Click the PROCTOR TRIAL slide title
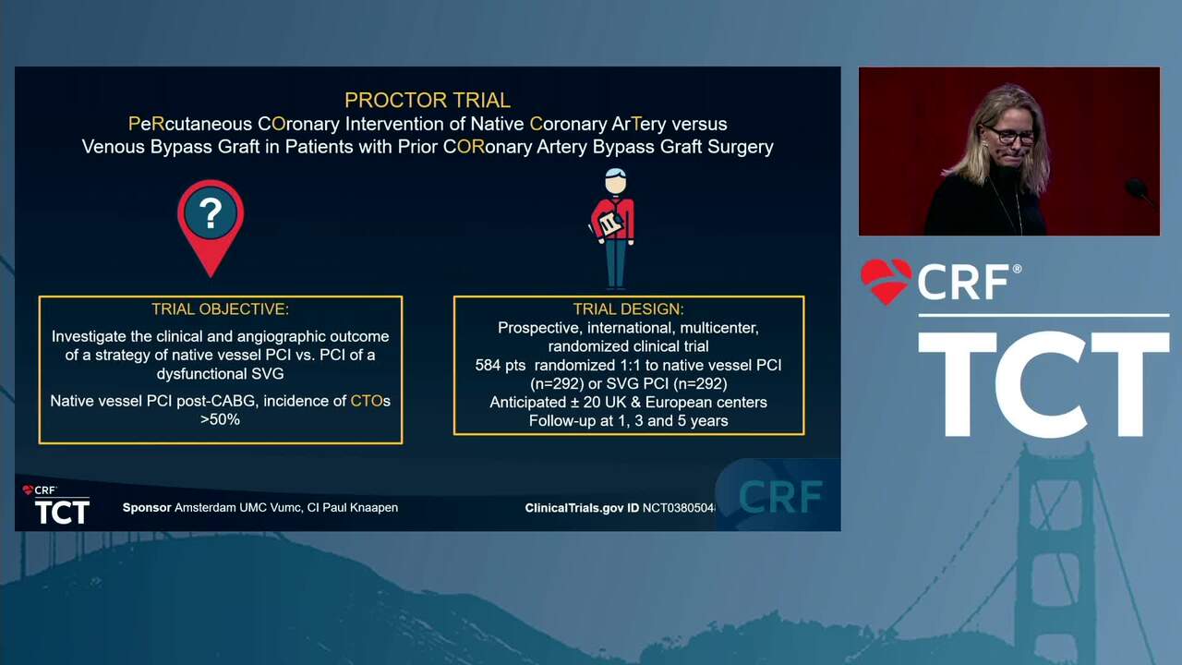point(428,101)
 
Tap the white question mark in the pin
point(211,213)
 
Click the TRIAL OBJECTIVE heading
point(220,308)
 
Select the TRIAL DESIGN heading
point(629,308)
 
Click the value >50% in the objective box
point(220,419)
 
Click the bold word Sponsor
point(147,508)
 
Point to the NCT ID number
point(679,508)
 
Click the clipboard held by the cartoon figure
point(609,224)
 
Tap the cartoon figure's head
point(615,181)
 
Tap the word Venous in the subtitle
point(113,147)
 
